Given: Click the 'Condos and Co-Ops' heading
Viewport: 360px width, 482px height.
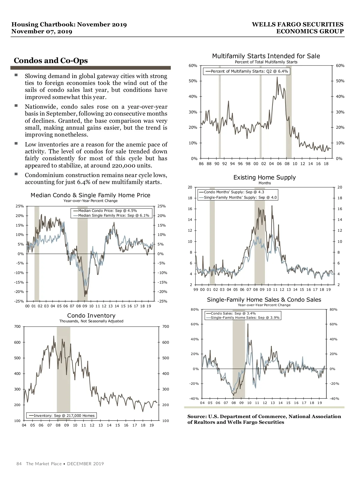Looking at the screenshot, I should [51, 61].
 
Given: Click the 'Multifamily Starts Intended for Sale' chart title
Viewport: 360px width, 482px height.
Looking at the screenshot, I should [266, 56].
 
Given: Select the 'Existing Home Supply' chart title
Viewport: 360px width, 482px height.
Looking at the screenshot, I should [264, 177].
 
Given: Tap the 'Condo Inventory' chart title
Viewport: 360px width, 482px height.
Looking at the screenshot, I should [91, 315].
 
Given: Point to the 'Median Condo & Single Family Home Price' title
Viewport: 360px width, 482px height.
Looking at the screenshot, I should [90, 195].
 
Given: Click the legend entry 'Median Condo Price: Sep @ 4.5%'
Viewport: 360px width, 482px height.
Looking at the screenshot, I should [107, 211].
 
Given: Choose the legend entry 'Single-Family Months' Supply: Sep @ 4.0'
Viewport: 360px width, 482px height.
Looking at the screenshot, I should [240, 197].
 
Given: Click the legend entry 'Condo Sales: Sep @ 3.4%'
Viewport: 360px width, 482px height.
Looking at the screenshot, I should [233, 313].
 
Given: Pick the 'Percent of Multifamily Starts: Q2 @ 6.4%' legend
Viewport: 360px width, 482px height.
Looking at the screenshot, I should [249, 71].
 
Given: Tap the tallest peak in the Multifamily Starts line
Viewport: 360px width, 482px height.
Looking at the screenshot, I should [277, 77].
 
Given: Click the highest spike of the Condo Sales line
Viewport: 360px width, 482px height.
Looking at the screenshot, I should [248, 324].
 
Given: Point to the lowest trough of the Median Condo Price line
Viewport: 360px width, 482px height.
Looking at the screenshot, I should [85, 296].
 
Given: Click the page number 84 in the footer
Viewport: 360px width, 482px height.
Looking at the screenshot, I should [19, 464].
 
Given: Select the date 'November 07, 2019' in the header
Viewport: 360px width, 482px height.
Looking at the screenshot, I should [42, 32].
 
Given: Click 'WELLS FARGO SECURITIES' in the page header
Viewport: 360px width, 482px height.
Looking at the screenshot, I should [297, 25].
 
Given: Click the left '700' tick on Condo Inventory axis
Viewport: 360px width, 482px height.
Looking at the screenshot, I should [17, 327].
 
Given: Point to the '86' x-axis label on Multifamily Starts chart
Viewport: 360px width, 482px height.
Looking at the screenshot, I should [201, 164].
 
